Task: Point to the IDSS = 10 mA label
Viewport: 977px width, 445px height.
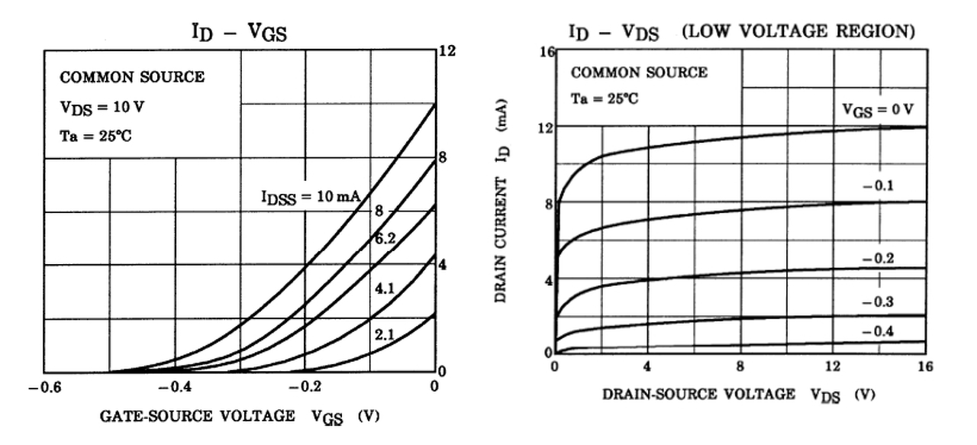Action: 311,198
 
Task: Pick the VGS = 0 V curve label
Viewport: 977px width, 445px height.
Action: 877,109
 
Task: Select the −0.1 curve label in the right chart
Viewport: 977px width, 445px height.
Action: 877,186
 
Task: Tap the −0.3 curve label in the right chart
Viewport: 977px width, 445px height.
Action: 877,302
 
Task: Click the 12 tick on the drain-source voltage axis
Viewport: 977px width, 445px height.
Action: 834,366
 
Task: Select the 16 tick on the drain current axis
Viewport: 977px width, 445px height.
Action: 545,53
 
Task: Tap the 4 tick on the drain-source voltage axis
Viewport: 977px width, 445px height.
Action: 648,366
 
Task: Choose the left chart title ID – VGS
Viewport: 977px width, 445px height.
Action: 239,33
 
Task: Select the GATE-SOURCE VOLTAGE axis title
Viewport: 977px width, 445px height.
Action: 197,416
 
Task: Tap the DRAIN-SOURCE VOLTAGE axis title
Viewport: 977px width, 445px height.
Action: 698,395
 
